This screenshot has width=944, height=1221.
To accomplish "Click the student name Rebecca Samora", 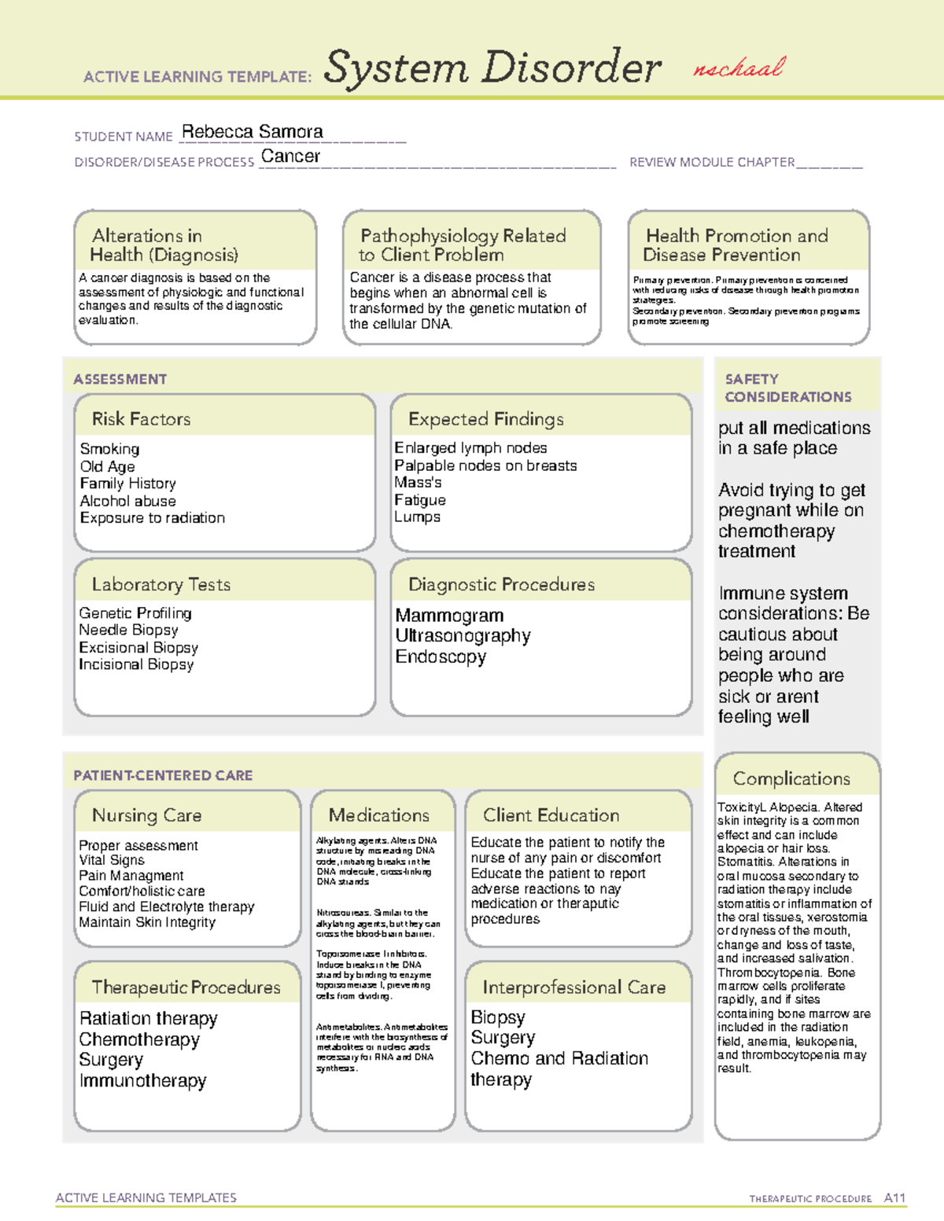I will [252, 132].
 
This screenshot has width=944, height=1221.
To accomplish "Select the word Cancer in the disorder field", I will [290, 156].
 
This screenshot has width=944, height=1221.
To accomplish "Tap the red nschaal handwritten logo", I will [738, 68].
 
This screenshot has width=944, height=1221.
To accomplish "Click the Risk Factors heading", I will [141, 419].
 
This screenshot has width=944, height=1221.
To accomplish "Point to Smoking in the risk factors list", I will [109, 449].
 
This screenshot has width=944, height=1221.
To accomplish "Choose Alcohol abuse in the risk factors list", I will [127, 501].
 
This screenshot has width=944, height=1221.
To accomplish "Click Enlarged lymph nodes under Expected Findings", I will [470, 448].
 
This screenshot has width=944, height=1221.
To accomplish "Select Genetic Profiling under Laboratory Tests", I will [135, 613].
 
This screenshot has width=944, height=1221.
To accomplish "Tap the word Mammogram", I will [449, 616].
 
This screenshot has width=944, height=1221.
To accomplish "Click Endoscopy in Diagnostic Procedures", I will [441, 656].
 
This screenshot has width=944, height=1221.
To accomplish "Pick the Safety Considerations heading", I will [787, 388].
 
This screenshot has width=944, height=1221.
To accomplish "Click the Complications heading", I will [791, 778].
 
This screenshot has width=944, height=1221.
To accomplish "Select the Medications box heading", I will [378, 815].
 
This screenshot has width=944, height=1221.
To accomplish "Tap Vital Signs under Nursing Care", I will [112, 860].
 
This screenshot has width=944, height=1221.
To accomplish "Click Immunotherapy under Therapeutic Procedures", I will [142, 1081].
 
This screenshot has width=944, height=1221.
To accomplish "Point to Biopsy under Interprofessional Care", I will [497, 1017].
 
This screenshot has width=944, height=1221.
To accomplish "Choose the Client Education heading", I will [551, 815].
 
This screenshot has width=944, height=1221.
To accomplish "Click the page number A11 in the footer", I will [894, 1198].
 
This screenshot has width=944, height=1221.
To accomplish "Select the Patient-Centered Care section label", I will [163, 775].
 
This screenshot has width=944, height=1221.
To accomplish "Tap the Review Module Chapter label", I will [712, 163].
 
